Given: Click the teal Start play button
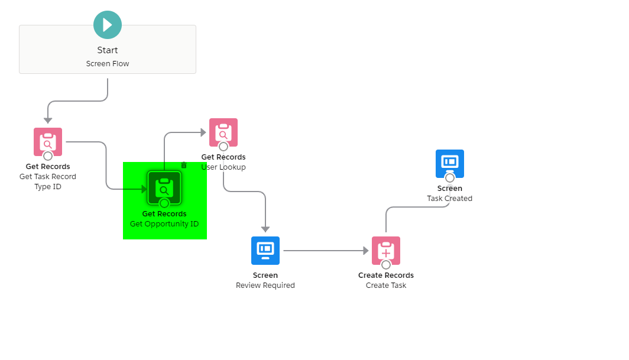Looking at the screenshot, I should [x=108, y=25].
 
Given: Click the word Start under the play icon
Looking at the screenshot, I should [x=108, y=50].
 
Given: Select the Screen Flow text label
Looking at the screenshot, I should [x=108, y=64].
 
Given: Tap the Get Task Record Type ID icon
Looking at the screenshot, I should [x=48, y=142].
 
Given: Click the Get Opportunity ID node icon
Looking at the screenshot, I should [x=164, y=187].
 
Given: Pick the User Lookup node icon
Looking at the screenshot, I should [x=223, y=132].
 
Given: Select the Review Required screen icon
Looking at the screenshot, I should [x=265, y=251].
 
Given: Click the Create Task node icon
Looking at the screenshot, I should [x=386, y=251].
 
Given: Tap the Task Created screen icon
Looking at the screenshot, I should [x=450, y=163].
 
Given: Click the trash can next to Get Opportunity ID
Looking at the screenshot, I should [x=184, y=165].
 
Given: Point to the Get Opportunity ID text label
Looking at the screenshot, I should [x=164, y=224].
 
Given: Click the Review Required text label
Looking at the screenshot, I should [x=265, y=286].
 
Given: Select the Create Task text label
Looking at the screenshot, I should [x=386, y=286].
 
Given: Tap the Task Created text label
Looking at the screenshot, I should [x=450, y=199].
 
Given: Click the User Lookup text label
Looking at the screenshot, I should [x=223, y=167].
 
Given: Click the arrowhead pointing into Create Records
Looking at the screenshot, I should [x=366, y=251].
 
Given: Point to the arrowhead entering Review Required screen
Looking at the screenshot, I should [x=265, y=229].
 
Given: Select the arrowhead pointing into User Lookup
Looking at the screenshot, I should [x=203, y=132].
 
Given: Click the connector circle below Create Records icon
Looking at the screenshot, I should [x=386, y=265].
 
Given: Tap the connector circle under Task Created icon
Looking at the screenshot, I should [x=450, y=177].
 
